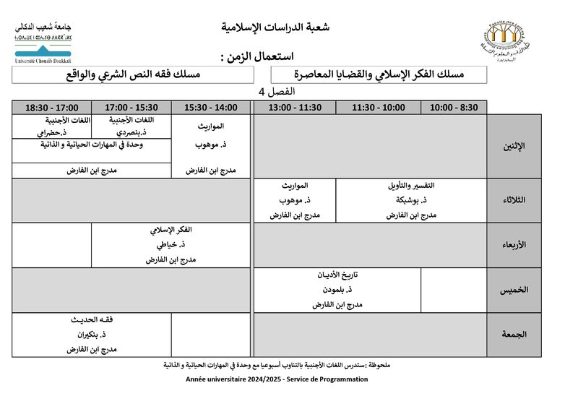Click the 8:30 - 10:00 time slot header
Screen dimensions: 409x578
(x=454, y=108)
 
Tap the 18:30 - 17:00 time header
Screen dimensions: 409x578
(x=51, y=108)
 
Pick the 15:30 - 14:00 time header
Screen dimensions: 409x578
(x=210, y=108)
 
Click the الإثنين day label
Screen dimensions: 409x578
(x=514, y=146)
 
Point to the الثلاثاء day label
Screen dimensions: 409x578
(x=514, y=200)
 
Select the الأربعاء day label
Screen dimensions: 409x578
(x=514, y=245)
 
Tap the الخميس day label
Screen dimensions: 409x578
(x=514, y=290)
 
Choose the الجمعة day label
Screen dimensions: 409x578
(x=514, y=335)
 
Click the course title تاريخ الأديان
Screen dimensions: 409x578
(x=338, y=275)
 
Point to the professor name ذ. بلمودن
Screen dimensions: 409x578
(x=338, y=290)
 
